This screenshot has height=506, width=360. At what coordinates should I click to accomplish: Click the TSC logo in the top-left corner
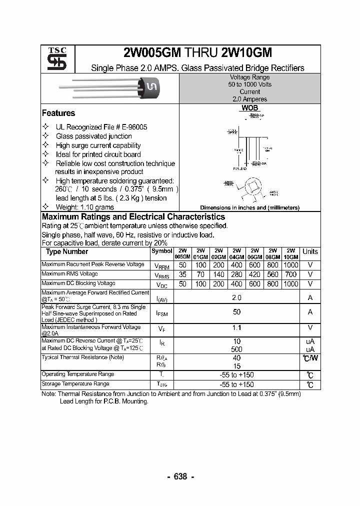pyautogui.click(x=53, y=59)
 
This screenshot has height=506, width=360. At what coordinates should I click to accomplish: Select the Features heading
pyautogui.click(x=58, y=113)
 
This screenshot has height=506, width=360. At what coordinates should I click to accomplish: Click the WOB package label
pyautogui.click(x=249, y=108)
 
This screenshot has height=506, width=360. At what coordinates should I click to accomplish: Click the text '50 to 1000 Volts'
pyautogui.click(x=249, y=84)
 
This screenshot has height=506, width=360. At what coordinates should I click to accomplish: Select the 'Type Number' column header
pyautogui.click(x=66, y=252)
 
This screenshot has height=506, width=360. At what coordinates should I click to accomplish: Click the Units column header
pyautogui.click(x=310, y=252)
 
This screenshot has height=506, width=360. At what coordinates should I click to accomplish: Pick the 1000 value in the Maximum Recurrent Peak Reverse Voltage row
pyautogui.click(x=290, y=264)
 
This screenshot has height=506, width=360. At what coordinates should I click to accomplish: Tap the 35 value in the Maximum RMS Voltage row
pyautogui.click(x=182, y=274)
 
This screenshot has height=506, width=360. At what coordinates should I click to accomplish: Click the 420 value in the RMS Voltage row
pyautogui.click(x=254, y=274)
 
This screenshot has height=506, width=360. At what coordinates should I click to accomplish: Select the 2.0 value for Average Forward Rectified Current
pyautogui.click(x=236, y=297)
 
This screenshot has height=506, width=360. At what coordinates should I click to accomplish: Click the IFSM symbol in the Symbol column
pyautogui.click(x=162, y=313)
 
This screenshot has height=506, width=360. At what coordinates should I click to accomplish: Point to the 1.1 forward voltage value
pyautogui.click(x=236, y=328)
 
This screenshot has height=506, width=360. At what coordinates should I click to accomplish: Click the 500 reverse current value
pyautogui.click(x=236, y=349)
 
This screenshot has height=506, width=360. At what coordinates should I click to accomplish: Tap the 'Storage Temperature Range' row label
pyautogui.click(x=75, y=384)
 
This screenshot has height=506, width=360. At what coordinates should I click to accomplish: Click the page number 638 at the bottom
pyautogui.click(x=180, y=476)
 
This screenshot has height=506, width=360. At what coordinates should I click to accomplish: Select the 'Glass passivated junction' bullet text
pyautogui.click(x=94, y=136)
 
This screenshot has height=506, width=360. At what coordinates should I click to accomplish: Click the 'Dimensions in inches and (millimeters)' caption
pyautogui.click(x=249, y=207)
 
